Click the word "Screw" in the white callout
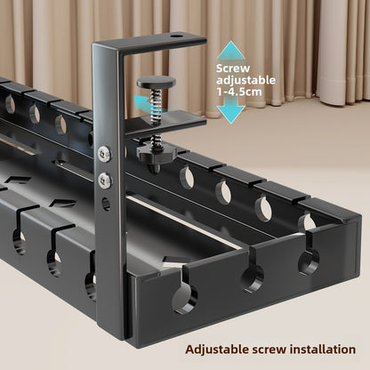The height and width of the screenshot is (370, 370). coord(233,68)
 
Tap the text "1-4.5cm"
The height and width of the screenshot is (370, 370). coord(239,92)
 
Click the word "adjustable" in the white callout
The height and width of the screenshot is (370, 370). coord(245,80)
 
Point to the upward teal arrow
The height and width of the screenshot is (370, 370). coord(231,51)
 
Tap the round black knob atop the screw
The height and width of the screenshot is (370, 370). coord(157,82)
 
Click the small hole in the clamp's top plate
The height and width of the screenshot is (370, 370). coord(176,36)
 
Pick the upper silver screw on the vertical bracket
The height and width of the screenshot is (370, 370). coord(104,153)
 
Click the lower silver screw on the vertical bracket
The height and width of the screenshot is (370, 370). coord(105,180)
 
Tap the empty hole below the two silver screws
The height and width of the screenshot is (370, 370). coord(106,204)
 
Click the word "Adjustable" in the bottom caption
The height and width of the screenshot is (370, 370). coord(216,350)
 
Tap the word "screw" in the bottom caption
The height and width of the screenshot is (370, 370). coord(269,350)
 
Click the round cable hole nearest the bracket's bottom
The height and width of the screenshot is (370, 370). coord(185,298)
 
